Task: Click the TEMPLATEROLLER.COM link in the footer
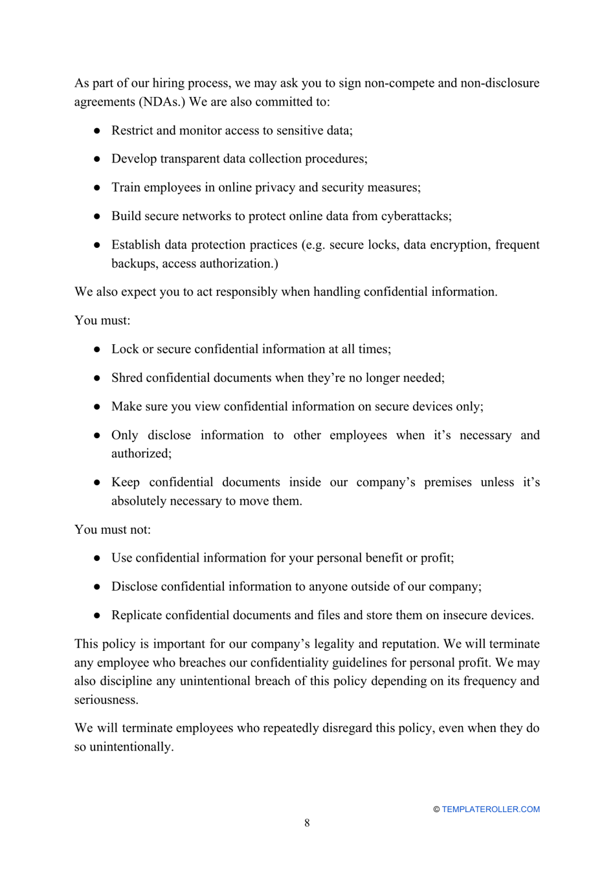coord(490,809)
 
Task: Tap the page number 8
coord(307,823)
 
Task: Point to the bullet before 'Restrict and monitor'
coord(97,131)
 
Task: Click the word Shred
coord(126,378)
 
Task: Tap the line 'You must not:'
coord(113,530)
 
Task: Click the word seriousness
coord(106,700)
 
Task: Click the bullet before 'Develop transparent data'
coord(97,159)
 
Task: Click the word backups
coord(133,263)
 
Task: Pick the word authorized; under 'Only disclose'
coord(141,454)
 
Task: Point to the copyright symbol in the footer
coord(436,809)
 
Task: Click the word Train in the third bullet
coord(126,188)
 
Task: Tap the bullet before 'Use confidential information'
coord(97,558)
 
